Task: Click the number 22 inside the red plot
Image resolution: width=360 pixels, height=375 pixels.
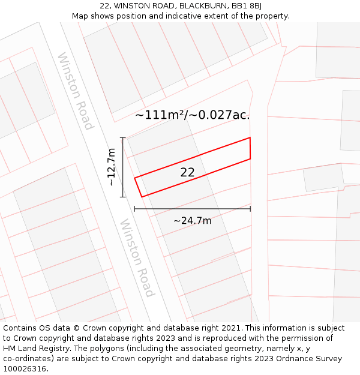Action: pyautogui.click(x=187, y=172)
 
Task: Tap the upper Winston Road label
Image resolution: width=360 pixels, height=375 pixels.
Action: pyautogui.click(x=76, y=91)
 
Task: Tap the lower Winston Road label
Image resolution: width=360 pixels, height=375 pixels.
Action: pyautogui.click(x=137, y=257)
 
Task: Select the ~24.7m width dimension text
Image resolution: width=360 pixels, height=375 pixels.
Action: pyautogui.click(x=192, y=221)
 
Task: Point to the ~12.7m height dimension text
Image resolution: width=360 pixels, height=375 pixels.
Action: pyautogui.click(x=111, y=167)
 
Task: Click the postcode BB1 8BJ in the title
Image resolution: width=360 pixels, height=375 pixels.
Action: pyautogui.click(x=246, y=6)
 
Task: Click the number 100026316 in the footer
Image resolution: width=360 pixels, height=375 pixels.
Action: pyautogui.click(x=25, y=368)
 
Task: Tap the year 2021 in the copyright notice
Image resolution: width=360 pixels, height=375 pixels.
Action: pyautogui.click(x=229, y=328)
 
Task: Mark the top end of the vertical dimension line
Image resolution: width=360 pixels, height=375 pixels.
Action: pyautogui.click(x=123, y=137)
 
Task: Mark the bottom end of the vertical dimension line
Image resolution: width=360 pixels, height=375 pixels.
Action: pyautogui.click(x=123, y=197)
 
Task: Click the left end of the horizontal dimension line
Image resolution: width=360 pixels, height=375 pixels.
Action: pyautogui.click(x=134, y=209)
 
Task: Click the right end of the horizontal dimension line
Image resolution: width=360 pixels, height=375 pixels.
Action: pyautogui.click(x=250, y=209)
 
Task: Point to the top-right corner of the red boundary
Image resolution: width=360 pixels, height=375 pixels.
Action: pyautogui.click(x=250, y=138)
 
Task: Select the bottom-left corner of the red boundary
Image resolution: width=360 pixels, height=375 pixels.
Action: pyautogui.click(x=142, y=196)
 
